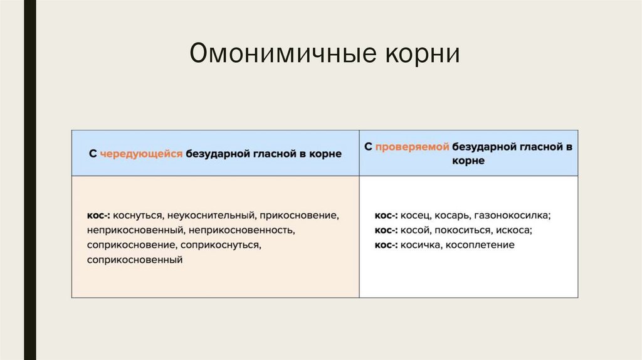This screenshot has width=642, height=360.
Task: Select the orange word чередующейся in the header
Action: pos(141,154)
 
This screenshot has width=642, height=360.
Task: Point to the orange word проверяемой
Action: pos(413,147)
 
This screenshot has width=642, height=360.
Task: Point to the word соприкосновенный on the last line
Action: pos(135,259)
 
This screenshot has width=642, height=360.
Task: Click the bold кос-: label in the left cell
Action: pos(98,215)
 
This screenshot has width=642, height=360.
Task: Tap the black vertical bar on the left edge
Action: pos(29,180)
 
